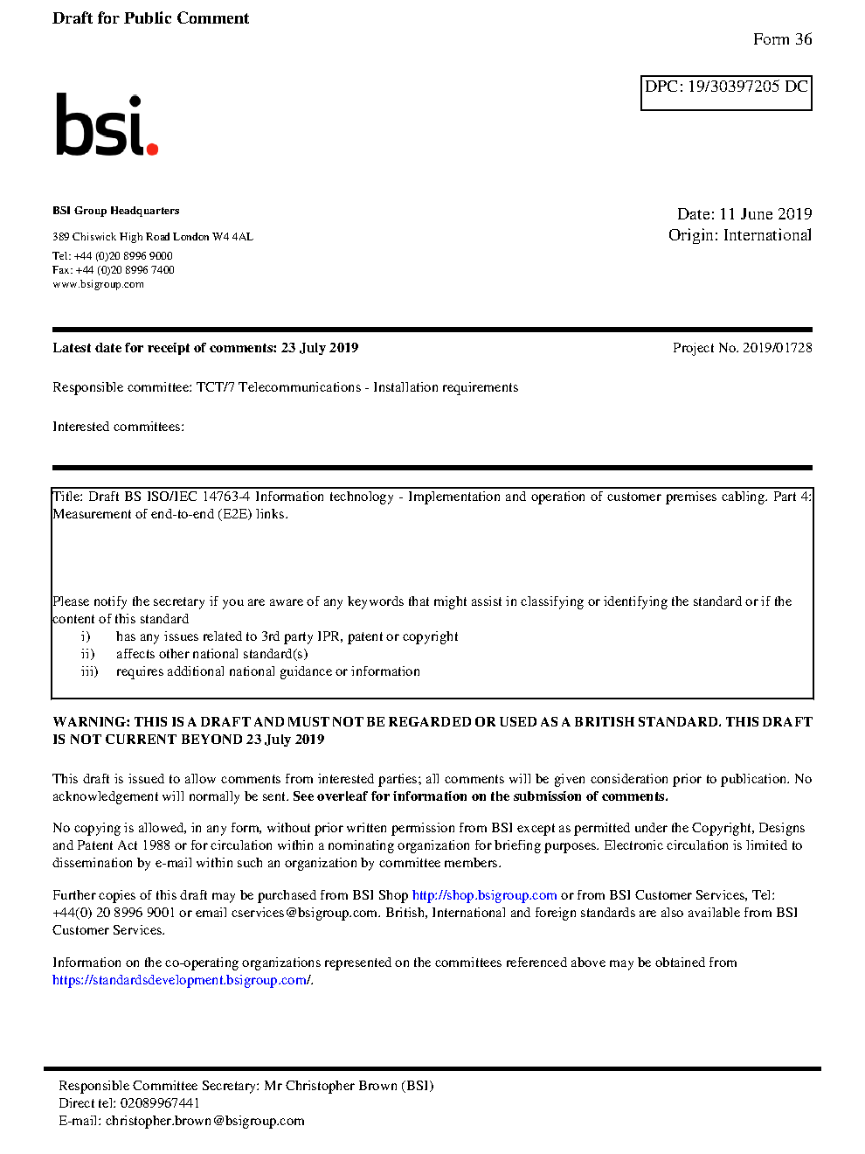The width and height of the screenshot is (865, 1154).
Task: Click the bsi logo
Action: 106,126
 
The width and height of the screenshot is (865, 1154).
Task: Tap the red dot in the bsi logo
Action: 152,149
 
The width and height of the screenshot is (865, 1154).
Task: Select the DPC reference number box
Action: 726,93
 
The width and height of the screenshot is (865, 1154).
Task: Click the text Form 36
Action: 782,39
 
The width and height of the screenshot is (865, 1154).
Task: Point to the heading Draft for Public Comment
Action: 150,18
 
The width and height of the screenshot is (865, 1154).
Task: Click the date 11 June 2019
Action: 765,214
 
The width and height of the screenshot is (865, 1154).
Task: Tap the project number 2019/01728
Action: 777,348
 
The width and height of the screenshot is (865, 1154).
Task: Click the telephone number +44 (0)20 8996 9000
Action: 123,256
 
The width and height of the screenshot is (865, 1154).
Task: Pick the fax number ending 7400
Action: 125,270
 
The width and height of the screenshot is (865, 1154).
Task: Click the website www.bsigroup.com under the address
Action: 98,284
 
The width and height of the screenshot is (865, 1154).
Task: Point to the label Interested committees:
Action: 118,427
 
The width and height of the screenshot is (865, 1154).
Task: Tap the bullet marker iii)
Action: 89,671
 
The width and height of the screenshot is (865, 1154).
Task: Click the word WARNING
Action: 91,722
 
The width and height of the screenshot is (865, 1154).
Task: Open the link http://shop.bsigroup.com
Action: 484,895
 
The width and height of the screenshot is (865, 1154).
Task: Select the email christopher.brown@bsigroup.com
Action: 204,1121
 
